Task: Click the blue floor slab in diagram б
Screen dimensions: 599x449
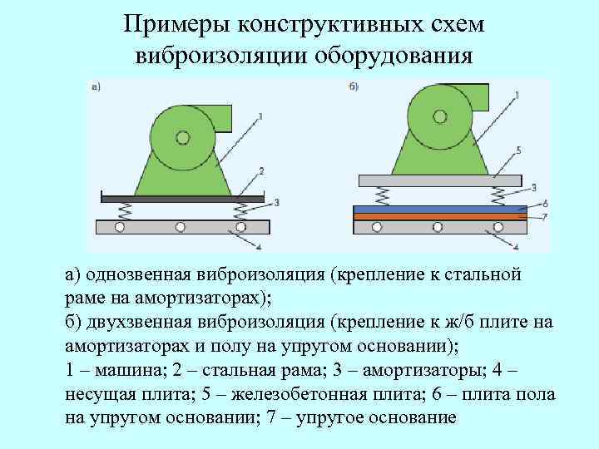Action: (x=441, y=209)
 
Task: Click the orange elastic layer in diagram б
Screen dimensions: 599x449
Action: (x=441, y=216)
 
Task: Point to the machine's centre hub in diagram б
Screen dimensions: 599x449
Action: (x=438, y=115)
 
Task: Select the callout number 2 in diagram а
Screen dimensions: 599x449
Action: (x=260, y=170)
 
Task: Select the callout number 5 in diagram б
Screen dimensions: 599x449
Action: (x=517, y=150)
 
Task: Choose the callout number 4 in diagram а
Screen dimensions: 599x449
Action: (x=260, y=246)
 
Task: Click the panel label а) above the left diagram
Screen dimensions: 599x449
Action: (x=95, y=86)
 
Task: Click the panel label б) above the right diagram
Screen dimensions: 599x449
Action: (x=353, y=86)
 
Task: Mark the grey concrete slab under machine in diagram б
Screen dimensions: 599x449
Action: (x=440, y=180)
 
